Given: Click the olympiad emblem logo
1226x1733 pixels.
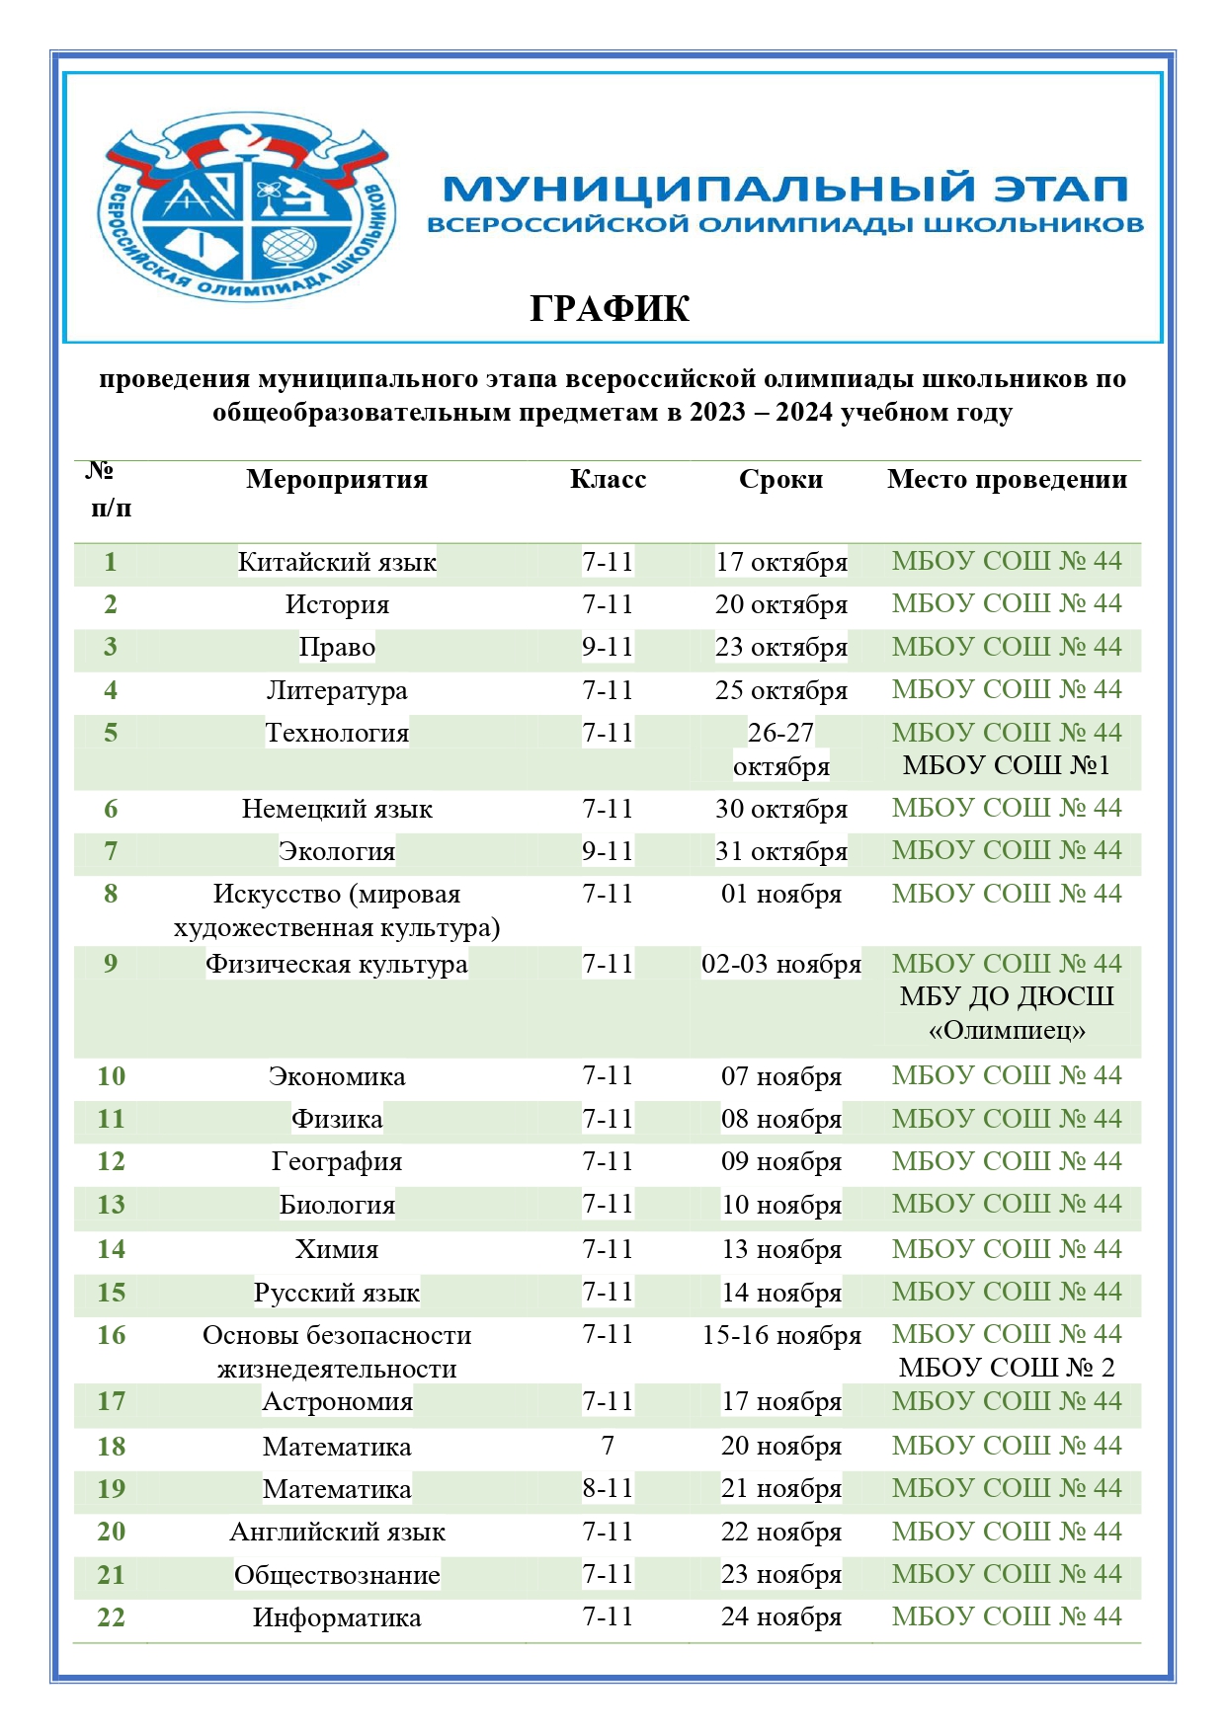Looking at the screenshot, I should tap(246, 207).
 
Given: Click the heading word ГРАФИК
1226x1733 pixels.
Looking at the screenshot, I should tap(610, 309).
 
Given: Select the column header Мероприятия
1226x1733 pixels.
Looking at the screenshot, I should tap(337, 480).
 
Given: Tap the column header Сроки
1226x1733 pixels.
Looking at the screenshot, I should tap(780, 480).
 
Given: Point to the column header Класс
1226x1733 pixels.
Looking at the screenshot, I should tap(608, 480).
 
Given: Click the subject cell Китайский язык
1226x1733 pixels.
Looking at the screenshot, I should tap(337, 563).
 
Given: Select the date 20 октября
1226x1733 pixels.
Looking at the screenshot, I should tap(780, 605).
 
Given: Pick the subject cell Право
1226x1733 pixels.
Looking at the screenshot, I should tap(337, 648).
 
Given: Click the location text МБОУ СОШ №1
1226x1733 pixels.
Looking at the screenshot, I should tap(1006, 765).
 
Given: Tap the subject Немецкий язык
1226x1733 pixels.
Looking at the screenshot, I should tap(337, 810).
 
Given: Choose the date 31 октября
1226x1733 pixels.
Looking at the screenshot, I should tap(780, 852).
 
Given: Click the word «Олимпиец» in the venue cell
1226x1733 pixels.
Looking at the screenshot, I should tap(1006, 1031).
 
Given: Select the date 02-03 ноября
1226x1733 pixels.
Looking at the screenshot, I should tap(780, 965).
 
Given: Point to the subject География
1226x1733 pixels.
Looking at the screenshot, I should tap(337, 1162).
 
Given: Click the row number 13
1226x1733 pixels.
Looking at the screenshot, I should tap(111, 1205).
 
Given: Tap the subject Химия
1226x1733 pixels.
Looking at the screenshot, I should tap(337, 1250).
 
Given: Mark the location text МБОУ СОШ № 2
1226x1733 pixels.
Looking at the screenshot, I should tap(1006, 1368).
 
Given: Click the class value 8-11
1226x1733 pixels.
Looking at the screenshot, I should tap(608, 1489).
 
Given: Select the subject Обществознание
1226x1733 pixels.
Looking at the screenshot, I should tap(337, 1575).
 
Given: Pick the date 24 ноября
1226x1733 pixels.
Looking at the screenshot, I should tap(780, 1617).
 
